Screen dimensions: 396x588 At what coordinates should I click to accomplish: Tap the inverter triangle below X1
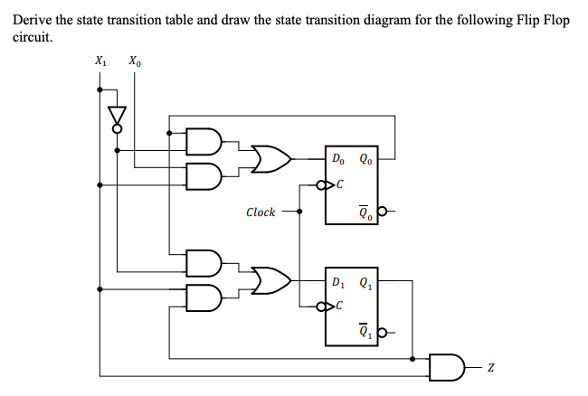coord(115,115)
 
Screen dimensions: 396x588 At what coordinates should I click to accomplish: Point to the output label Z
coord(491,368)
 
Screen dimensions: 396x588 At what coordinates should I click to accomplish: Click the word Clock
coord(261,212)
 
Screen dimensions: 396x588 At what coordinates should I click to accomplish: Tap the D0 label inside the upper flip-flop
coord(337,162)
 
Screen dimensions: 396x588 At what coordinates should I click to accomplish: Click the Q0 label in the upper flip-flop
coord(365,162)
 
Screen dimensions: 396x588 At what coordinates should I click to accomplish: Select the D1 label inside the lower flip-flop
coord(337,279)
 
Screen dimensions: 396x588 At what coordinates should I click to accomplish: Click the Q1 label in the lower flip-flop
coord(365,279)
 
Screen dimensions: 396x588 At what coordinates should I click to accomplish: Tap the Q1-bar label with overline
coord(364,333)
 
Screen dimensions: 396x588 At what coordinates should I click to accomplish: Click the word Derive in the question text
coord(33,20)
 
